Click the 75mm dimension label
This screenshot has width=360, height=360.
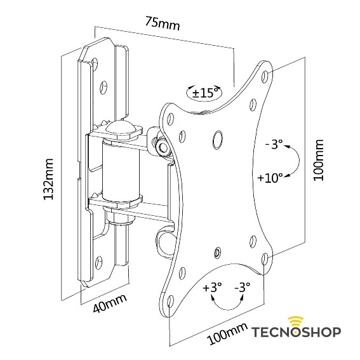tap(163, 23)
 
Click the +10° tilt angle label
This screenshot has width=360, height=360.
tap(270, 178)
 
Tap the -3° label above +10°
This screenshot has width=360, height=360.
tap(272, 145)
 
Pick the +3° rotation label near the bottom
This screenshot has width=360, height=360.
tap(212, 287)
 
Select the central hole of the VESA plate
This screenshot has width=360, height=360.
tap(218, 137)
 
